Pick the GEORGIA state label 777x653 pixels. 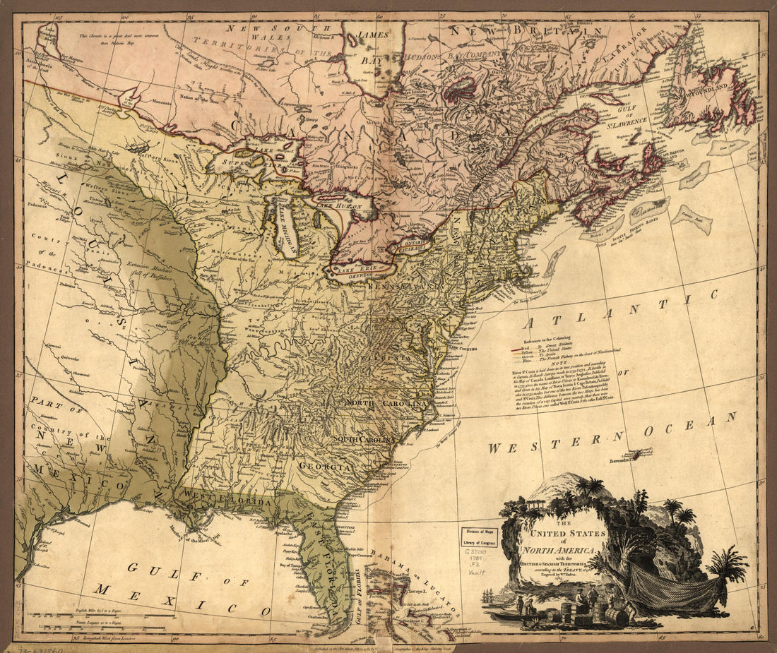[325, 467]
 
